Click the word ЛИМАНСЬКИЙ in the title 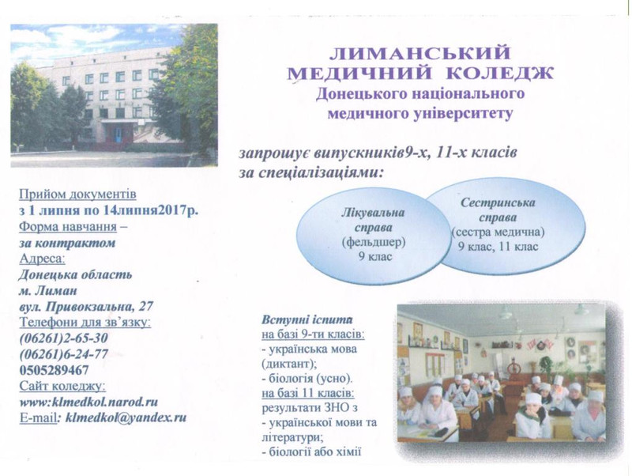coord(420,53)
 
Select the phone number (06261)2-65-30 coord(63,338)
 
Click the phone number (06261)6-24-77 coord(63,354)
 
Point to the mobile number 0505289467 coord(54,370)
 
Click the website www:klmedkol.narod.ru coord(88,402)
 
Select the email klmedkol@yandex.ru coord(126,417)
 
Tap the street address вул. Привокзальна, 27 coord(86,307)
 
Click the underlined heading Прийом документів coord(77,194)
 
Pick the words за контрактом coord(67,244)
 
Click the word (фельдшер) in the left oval coord(374,242)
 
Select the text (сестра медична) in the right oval coord(498,232)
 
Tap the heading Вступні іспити coord(307,320)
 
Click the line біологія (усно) coord(307,379)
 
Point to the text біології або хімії coord(311,451)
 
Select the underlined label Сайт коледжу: coord(62,386)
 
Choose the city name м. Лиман coord(48,291)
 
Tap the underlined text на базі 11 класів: coord(308,393)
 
